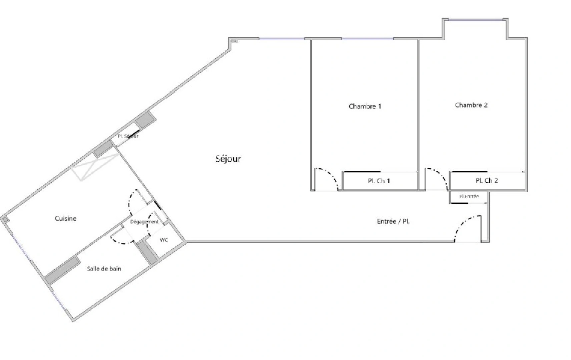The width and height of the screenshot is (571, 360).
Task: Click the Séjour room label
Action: (x=228, y=159)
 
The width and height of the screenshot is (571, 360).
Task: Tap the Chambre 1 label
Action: (x=365, y=106)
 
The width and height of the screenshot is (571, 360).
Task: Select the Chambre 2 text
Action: (x=471, y=105)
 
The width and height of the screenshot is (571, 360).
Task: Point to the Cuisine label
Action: (x=66, y=218)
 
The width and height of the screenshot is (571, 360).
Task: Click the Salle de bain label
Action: (x=104, y=269)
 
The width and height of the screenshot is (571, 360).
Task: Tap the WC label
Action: (x=164, y=240)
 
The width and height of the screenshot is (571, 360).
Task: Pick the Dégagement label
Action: (x=144, y=222)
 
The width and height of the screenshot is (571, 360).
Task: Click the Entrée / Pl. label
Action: (x=393, y=221)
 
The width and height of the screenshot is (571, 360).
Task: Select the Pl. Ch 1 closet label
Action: (x=379, y=181)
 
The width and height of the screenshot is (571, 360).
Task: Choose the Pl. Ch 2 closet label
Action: (x=487, y=181)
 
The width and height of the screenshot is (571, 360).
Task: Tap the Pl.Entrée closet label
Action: (x=469, y=197)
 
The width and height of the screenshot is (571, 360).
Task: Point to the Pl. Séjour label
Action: (x=128, y=136)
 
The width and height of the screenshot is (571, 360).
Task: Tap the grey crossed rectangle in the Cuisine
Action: (x=95, y=167)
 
